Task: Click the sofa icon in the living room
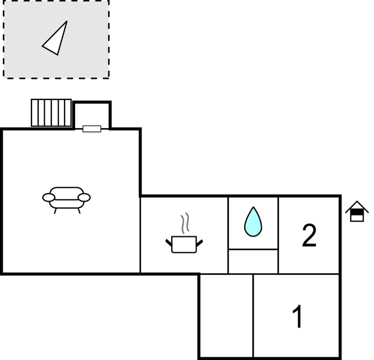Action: pyautogui.click(x=66, y=200)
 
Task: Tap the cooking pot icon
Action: pyautogui.click(x=184, y=244)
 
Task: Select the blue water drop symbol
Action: pyautogui.click(x=253, y=222)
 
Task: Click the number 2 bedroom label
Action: pyautogui.click(x=309, y=236)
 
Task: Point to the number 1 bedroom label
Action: pyautogui.click(x=298, y=316)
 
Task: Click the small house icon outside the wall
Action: pyautogui.click(x=357, y=211)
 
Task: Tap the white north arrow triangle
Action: pyautogui.click(x=55, y=38)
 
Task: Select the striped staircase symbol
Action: pyautogui.click(x=51, y=113)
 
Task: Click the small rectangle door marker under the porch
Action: pyautogui.click(x=92, y=129)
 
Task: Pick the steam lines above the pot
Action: pyautogui.click(x=185, y=223)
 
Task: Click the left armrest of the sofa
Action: pyautogui.click(x=49, y=198)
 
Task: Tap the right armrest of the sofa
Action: pyautogui.click(x=84, y=198)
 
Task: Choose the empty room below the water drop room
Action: pyautogui.click(x=253, y=262)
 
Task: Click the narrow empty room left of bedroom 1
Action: pyautogui.click(x=226, y=316)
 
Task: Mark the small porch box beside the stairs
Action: pyautogui.click(x=92, y=115)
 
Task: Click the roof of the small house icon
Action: pyautogui.click(x=357, y=207)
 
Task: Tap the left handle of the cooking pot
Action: pyautogui.click(x=169, y=243)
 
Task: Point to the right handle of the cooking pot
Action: pyautogui.click(x=199, y=243)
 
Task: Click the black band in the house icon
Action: pyautogui.click(x=357, y=212)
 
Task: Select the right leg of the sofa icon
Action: pyautogui.click(x=79, y=211)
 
